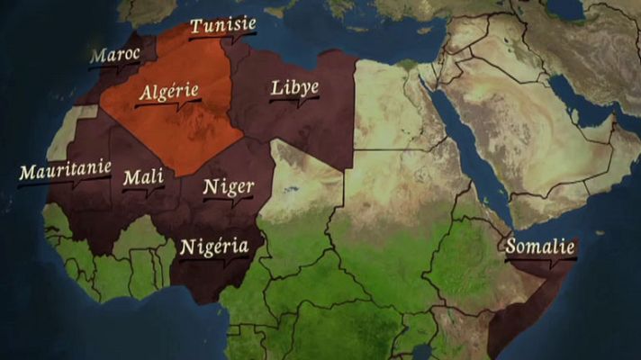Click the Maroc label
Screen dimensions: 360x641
tap(115, 55)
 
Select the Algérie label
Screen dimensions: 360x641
tap(169, 92)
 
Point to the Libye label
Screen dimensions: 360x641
tap(294, 88)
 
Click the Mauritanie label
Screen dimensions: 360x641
tap(65, 168)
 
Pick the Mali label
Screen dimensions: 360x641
tap(143, 177)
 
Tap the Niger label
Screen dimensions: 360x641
tap(228, 187)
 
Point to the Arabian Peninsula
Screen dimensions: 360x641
tap(522, 135)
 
